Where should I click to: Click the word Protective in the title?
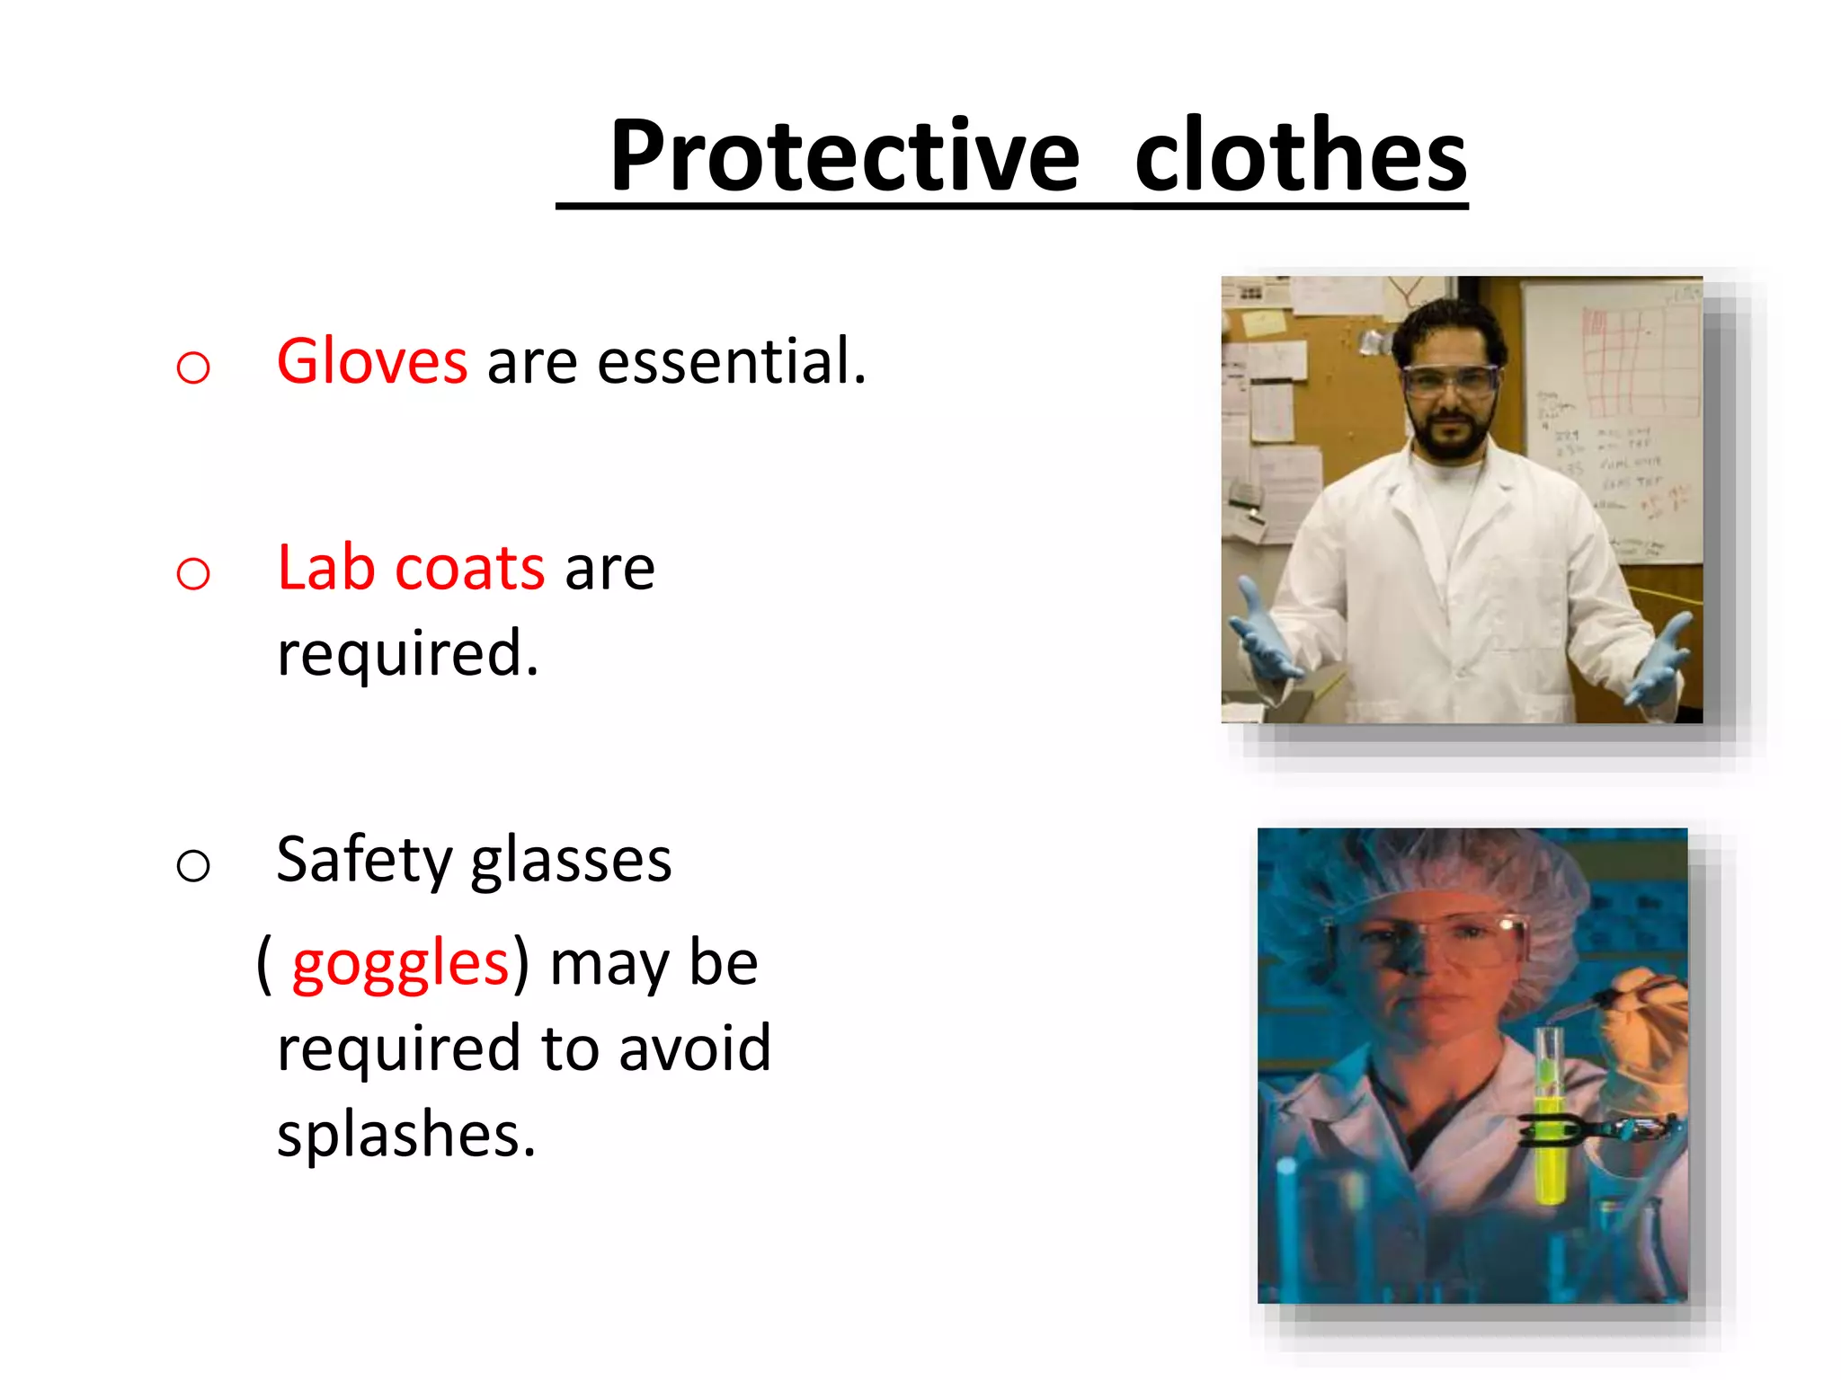coord(844,157)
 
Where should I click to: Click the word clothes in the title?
coord(1300,157)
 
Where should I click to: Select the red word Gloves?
coord(371,361)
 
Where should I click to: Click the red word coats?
coord(469,568)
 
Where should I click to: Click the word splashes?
coord(406,1134)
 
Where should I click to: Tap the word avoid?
coord(694,1048)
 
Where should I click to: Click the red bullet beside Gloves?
coord(193,367)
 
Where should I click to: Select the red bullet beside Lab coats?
coord(193,573)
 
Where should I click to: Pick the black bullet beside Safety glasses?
coord(193,865)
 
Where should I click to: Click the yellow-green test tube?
coord(1549,1123)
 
